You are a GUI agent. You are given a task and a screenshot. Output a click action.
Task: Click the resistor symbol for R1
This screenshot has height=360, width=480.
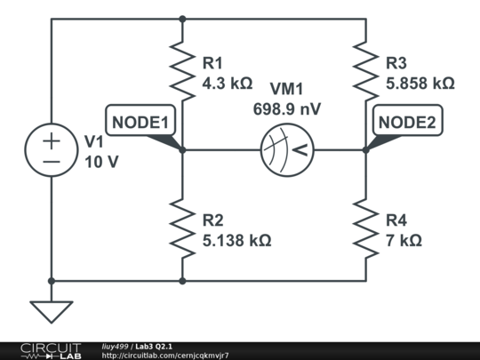[x=182, y=73]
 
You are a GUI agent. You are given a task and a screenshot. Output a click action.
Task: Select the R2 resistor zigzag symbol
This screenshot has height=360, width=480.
[x=182, y=228]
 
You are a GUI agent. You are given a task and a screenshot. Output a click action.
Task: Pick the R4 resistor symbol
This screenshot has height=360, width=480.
[x=365, y=228]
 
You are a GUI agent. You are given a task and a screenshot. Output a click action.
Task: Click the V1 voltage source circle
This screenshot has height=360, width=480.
[x=51, y=150]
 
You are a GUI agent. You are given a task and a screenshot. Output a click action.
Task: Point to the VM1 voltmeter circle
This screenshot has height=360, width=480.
[x=286, y=150]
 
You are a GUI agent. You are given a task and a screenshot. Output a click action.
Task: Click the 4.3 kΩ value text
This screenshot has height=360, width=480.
[x=228, y=84]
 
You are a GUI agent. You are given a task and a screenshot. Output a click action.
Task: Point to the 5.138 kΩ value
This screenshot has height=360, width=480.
[x=236, y=240]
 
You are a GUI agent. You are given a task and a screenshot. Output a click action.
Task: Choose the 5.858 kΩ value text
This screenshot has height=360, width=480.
[x=420, y=84]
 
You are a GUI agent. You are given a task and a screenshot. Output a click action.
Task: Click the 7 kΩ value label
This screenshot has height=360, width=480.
[x=404, y=240]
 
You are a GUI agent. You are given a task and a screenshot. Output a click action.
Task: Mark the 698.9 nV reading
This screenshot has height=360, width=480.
[x=286, y=108]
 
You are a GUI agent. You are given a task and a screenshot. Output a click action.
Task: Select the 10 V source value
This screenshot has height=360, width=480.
[x=100, y=163]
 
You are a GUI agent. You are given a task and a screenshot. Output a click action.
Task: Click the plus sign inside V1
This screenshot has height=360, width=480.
[x=51, y=140]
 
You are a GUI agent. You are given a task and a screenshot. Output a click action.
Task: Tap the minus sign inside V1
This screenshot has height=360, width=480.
[x=51, y=162]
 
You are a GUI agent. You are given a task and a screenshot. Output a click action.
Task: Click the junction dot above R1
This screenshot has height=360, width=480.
[x=182, y=18]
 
